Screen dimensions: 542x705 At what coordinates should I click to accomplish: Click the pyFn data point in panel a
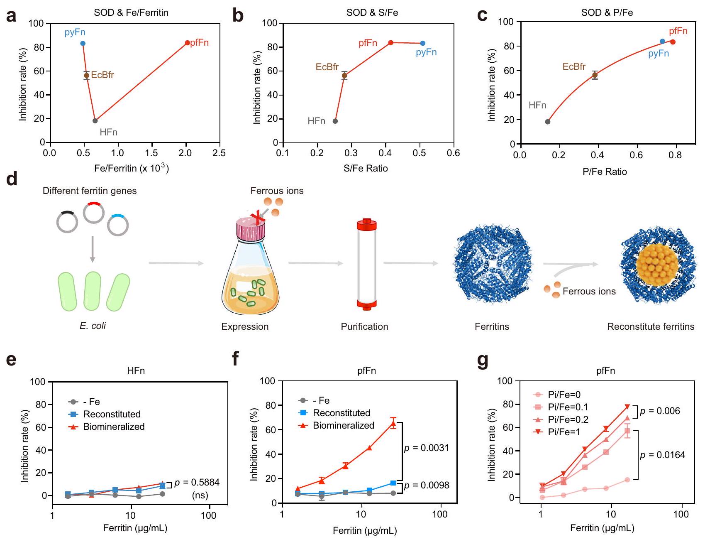coord(83,44)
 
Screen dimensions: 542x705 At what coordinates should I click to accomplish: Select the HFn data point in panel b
coord(335,121)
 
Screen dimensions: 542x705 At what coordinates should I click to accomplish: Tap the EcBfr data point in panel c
coord(595,75)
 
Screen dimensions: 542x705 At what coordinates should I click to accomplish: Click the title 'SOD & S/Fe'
coord(372,12)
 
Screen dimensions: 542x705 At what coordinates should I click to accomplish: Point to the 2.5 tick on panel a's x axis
coord(219,153)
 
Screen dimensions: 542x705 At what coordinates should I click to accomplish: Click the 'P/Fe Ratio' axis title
coord(605,172)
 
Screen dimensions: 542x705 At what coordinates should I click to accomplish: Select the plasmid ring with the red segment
coord(93,212)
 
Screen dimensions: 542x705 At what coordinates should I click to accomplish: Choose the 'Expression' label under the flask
coord(245,326)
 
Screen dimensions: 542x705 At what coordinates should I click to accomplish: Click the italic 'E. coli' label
coord(93,326)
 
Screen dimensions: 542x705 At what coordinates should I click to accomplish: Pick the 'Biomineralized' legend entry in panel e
coord(114,427)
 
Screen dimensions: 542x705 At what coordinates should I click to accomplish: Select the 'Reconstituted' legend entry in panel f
coord(341,413)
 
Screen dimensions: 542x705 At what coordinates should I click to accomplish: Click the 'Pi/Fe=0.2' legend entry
coord(568,419)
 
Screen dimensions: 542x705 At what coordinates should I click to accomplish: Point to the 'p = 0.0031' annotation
coord(427,448)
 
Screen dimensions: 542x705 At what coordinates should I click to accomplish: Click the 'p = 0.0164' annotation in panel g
coord(662,455)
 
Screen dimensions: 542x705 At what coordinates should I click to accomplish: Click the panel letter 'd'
coord(12,179)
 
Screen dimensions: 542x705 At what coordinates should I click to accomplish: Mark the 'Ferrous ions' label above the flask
coord(277,191)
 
